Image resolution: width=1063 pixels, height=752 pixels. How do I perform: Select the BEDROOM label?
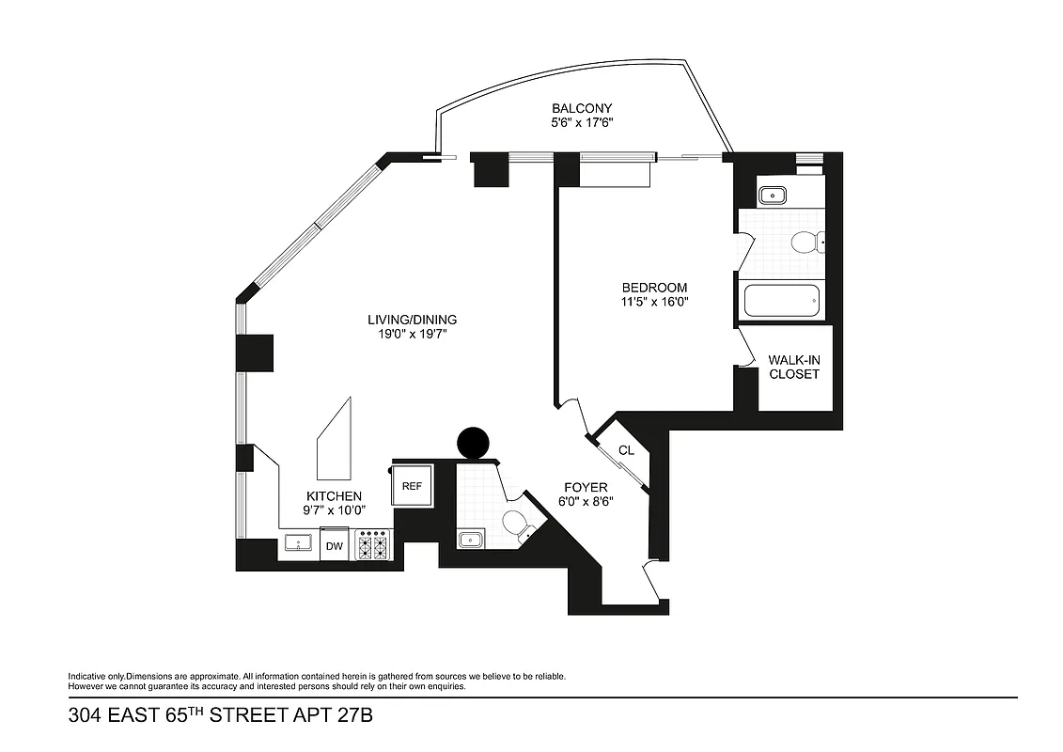pyautogui.click(x=654, y=288)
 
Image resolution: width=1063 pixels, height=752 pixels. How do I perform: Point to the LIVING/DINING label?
pyautogui.click(x=412, y=320)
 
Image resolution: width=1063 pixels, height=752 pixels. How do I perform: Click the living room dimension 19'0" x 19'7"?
pyautogui.click(x=412, y=334)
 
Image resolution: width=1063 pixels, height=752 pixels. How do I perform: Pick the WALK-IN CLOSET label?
pyautogui.click(x=794, y=367)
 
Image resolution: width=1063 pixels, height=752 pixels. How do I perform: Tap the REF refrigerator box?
pyautogui.click(x=412, y=486)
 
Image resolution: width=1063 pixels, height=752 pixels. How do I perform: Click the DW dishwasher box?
pyautogui.click(x=334, y=546)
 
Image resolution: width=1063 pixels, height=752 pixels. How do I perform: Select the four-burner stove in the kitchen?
pyautogui.click(x=373, y=545)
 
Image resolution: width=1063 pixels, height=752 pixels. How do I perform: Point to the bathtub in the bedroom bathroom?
pyautogui.click(x=782, y=302)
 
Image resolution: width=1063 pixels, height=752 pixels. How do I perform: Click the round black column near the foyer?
pyautogui.click(x=472, y=442)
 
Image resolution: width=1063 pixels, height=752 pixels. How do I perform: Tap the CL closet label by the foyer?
pyautogui.click(x=626, y=451)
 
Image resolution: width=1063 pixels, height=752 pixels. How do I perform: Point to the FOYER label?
pyautogui.click(x=585, y=487)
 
